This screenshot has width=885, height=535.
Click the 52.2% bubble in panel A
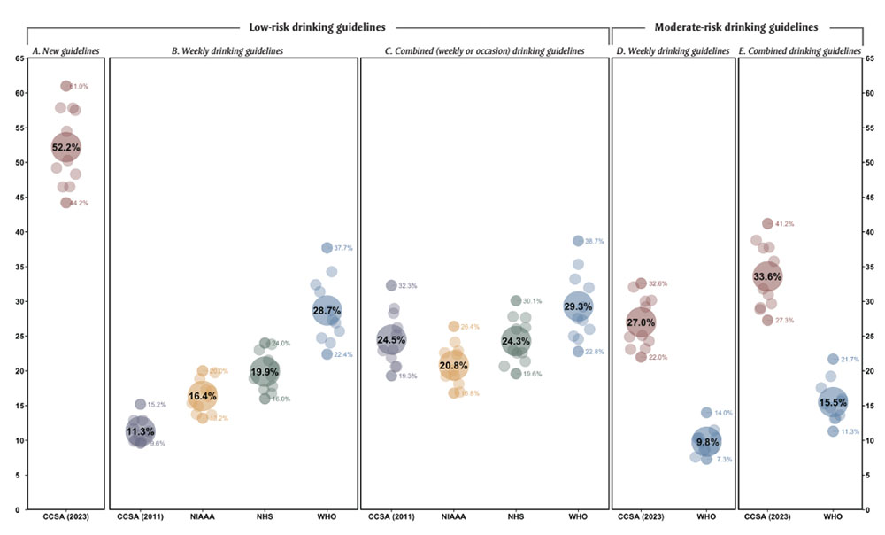coord(66,147)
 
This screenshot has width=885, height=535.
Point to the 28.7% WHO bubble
coord(327,310)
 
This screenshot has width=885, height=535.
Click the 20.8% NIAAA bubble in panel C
coord(453,365)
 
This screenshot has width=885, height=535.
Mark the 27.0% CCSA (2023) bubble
coord(641,322)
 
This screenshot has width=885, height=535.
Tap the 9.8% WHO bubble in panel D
coord(706,442)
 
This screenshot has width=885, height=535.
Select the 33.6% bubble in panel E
coord(767,276)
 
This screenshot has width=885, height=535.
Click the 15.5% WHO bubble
coord(832,402)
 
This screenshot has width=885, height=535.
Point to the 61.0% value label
coord(80,86)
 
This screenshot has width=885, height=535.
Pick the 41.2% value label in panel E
coord(784,224)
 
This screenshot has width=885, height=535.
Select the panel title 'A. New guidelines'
coord(66,51)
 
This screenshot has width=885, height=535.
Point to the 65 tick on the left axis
coord(18,58)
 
